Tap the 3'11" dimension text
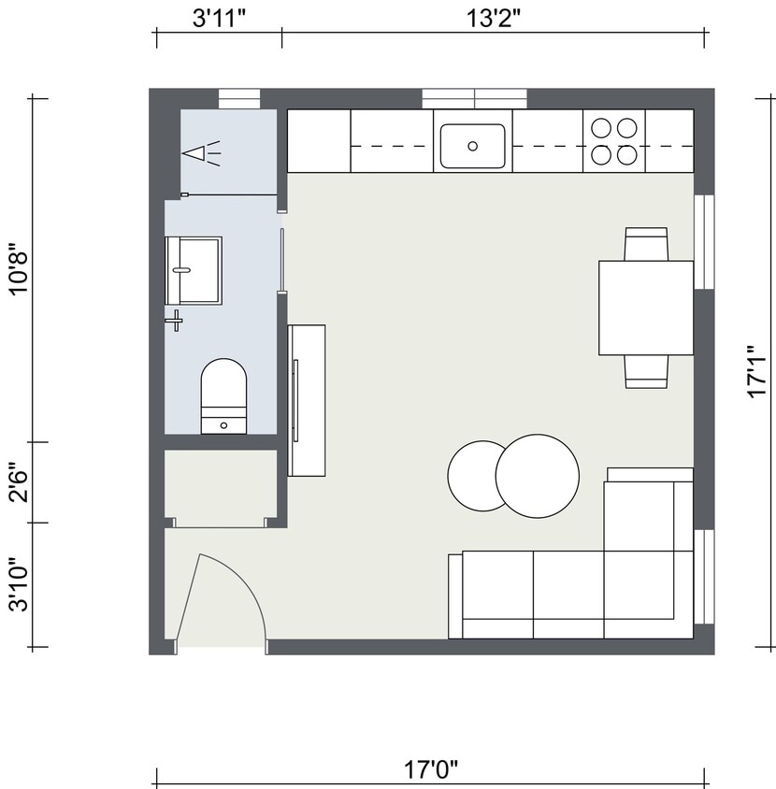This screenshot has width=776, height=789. click(220, 16)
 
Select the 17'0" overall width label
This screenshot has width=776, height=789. click(431, 769)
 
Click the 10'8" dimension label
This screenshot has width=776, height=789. click(18, 270)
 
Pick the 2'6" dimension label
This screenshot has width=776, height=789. click(18, 482)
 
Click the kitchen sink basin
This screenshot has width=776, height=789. click(472, 146)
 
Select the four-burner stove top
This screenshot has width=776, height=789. click(613, 140)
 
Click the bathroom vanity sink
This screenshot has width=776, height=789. click(194, 270)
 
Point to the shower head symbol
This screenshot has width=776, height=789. click(200, 152)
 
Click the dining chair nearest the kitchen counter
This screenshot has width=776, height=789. click(646, 244)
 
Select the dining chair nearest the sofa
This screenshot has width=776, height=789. click(646, 371)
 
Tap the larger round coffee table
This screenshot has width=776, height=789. click(537, 476)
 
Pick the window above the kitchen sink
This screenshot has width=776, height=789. click(474, 98)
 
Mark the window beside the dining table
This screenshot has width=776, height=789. click(704, 242)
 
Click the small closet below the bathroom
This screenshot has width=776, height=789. click(221, 486)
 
